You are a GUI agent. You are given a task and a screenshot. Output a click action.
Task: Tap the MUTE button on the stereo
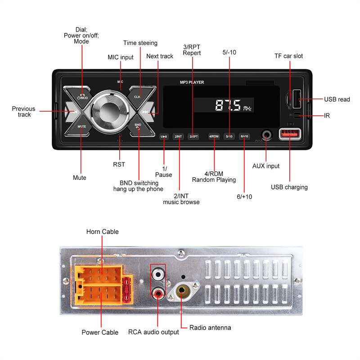click(x=81, y=127)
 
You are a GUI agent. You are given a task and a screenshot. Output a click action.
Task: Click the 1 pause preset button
click(x=164, y=136)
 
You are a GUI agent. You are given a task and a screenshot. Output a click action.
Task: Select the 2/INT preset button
click(x=179, y=136)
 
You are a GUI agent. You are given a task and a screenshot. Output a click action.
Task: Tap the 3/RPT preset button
click(x=193, y=136)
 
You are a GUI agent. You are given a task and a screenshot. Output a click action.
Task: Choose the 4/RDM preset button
click(x=214, y=136)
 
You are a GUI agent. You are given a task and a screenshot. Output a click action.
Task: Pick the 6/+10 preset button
click(x=244, y=136)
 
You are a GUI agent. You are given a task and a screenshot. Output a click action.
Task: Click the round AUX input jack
click(x=267, y=135)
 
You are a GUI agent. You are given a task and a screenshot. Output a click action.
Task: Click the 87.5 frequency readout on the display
click(x=228, y=106)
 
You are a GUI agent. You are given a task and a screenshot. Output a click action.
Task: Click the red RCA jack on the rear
click(x=158, y=293)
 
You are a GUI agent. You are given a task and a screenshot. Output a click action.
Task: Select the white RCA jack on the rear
click(x=158, y=273)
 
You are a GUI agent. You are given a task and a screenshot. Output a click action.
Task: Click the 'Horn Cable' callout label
click(x=103, y=232)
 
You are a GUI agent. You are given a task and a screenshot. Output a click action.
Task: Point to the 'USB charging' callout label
click(x=289, y=187)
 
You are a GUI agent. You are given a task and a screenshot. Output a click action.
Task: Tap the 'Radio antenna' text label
click(x=210, y=328)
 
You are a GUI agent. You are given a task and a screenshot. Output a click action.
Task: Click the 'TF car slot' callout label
click(x=289, y=56)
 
